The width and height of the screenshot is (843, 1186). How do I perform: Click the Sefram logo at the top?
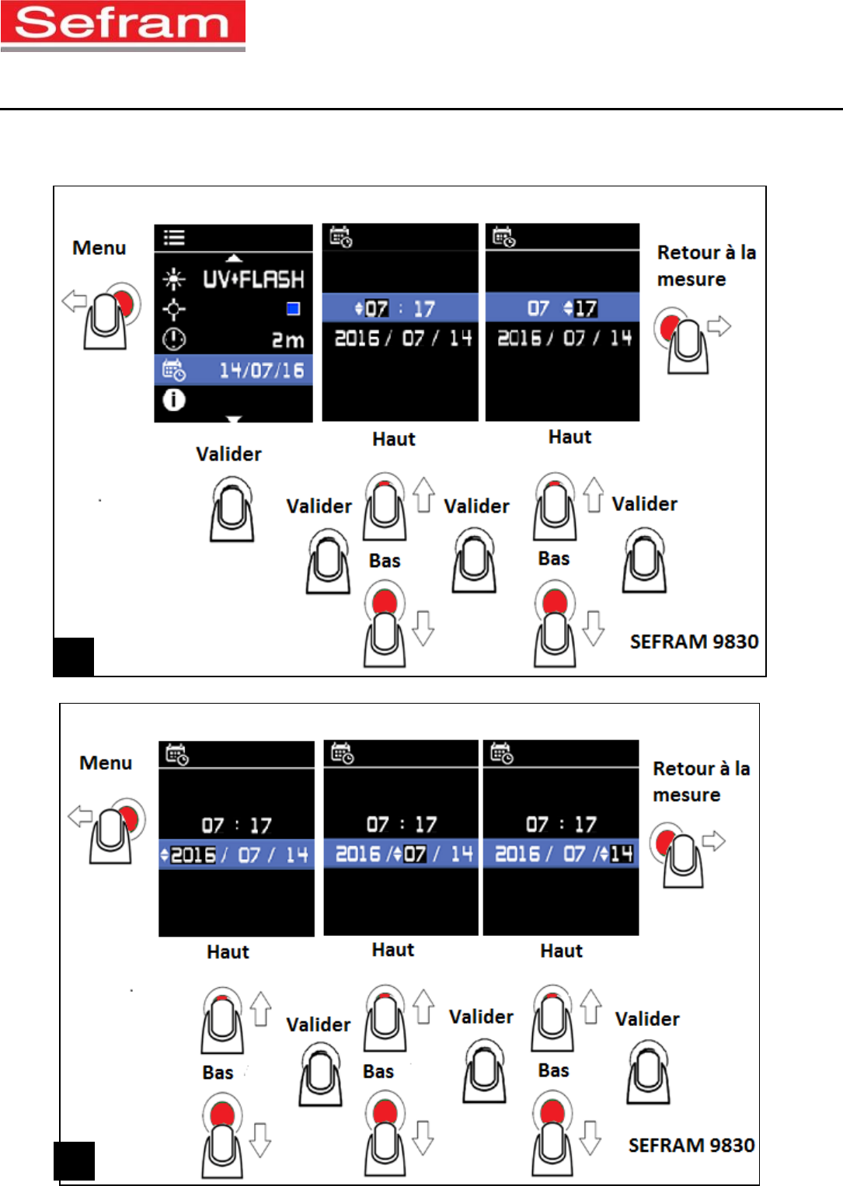(123, 25)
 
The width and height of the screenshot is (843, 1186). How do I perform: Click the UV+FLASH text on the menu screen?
(253, 279)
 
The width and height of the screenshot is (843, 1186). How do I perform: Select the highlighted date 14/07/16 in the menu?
(261, 370)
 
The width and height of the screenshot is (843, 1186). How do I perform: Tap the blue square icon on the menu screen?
(293, 309)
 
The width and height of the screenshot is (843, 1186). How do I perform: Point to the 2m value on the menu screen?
(287, 340)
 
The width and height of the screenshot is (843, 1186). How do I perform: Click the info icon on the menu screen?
(174, 400)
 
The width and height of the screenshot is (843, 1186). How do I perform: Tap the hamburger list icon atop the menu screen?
(174, 238)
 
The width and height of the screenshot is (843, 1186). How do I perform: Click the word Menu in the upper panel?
(99, 248)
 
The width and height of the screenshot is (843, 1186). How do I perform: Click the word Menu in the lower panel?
(106, 763)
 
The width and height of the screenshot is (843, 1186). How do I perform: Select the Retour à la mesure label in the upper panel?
(705, 266)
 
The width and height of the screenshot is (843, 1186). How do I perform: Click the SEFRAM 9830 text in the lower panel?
(691, 1145)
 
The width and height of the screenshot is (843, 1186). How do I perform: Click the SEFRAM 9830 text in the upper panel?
(694, 642)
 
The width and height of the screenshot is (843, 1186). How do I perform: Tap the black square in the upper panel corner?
(74, 656)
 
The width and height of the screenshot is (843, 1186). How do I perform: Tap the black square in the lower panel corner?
(75, 1160)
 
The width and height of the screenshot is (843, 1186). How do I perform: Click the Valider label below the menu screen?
(228, 454)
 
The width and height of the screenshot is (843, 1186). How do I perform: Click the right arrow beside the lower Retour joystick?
(713, 840)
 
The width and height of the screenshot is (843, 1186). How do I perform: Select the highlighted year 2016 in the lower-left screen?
(193, 855)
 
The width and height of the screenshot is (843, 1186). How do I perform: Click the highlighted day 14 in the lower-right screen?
(622, 854)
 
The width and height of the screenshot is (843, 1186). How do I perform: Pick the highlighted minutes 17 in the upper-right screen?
(586, 308)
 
